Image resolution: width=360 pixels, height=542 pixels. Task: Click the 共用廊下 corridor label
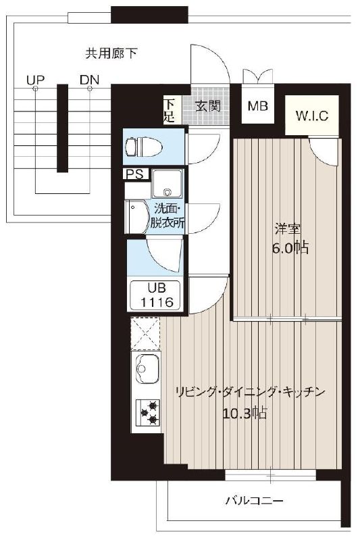[111, 53]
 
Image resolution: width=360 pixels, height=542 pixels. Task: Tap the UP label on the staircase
[35, 80]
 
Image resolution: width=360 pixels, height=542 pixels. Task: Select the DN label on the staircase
[89, 80]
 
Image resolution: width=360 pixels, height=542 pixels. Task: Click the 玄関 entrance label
[208, 106]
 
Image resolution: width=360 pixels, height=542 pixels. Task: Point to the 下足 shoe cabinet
[169, 110]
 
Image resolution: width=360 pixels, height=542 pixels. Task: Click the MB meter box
[258, 105]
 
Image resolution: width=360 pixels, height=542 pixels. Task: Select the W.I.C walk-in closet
[311, 115]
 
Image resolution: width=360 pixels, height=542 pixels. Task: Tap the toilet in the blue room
[144, 147]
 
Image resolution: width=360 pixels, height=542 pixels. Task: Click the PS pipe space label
[135, 174]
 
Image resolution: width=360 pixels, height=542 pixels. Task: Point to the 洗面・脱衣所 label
[168, 216]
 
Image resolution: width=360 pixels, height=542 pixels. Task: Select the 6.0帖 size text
[290, 248]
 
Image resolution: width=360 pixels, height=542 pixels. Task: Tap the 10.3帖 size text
[245, 413]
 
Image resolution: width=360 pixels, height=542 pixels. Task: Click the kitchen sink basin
[147, 368]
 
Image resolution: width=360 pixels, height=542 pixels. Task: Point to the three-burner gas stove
[147, 412]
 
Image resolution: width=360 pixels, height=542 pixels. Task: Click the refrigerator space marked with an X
[145, 334]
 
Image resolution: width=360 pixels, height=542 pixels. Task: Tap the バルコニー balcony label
[255, 501]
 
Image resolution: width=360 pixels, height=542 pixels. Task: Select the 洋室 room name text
[288, 229]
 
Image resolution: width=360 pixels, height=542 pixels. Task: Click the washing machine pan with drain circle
[168, 184]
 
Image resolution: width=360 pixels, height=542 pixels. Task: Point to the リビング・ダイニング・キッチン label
[250, 392]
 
